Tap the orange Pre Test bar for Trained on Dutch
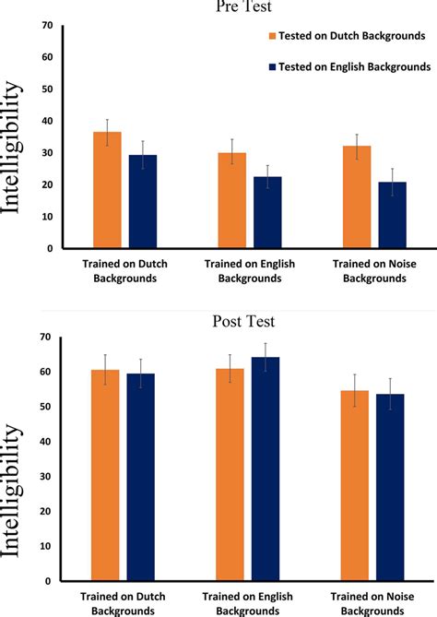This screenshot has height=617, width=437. click(107, 190)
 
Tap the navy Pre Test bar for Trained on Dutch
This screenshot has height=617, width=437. click(142, 202)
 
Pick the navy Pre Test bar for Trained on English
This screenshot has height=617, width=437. click(267, 212)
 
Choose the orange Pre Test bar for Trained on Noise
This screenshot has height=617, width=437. click(357, 196)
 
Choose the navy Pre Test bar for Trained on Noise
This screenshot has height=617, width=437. click(391, 215)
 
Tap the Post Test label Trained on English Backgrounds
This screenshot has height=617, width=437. click(249, 603)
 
